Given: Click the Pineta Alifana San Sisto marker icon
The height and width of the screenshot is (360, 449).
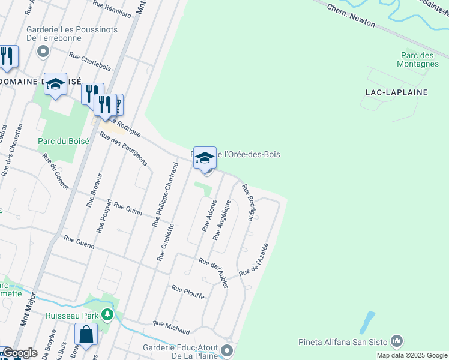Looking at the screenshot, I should (396, 342).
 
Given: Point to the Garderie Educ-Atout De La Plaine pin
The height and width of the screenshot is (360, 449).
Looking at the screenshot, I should (226, 350).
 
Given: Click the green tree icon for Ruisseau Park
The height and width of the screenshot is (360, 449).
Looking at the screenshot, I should (107, 314).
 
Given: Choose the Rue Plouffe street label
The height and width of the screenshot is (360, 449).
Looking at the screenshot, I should (188, 292).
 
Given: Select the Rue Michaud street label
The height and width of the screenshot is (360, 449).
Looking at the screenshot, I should (171, 328).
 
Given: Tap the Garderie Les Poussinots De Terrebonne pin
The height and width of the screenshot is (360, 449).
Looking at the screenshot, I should (43, 52).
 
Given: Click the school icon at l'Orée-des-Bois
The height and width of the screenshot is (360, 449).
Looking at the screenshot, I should (205, 158).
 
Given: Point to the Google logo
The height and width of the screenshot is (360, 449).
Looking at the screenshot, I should (19, 353).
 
